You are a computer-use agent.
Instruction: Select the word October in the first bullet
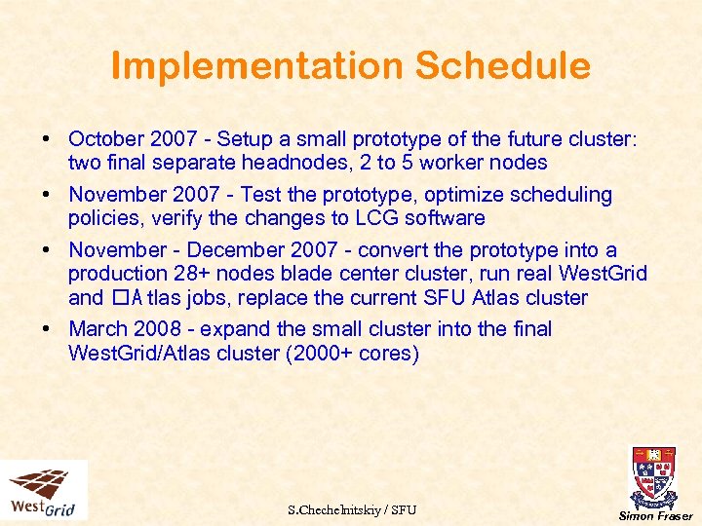[x=105, y=139]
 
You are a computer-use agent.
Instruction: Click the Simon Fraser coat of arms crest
[x=653, y=477]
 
